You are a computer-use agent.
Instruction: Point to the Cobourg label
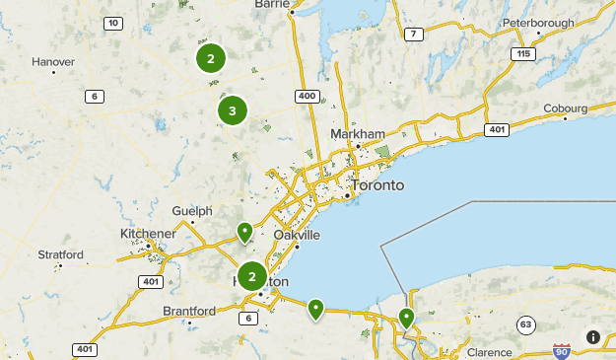pos(566,108)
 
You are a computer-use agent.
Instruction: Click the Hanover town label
pos(53,61)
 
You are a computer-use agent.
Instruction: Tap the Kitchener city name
pos(148,233)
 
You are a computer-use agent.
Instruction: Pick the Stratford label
pos(60,254)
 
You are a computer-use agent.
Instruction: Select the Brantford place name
pos(188,312)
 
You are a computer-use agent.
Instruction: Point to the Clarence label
pos(489,352)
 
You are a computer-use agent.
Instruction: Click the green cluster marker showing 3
pos(232,110)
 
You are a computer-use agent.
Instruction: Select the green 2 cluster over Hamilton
pos(252,277)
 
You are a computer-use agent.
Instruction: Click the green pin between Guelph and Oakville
pos(244,233)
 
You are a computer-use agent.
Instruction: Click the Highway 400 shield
pos(307,96)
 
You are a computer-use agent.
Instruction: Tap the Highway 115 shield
pos(522,54)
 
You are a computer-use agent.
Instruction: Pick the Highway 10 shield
pos(114,23)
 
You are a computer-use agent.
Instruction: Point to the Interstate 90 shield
pos(562,350)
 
